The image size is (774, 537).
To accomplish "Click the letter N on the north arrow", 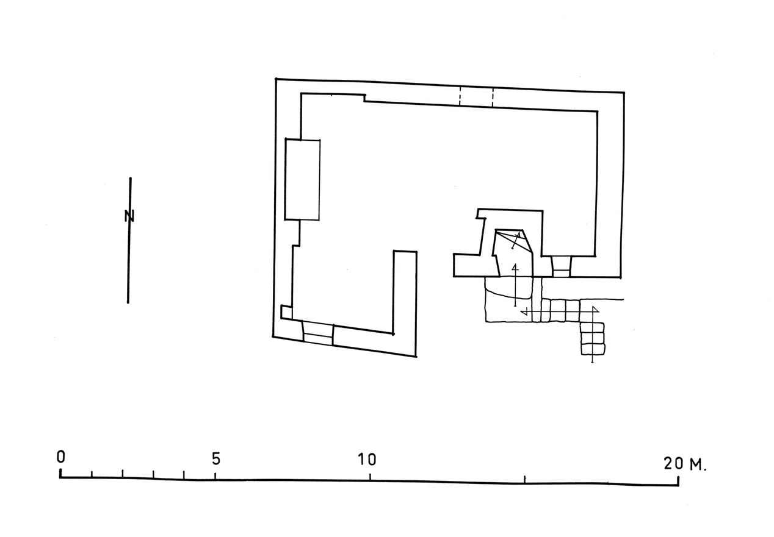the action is coord(129,216).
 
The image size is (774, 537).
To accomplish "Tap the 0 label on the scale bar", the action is coord(61,457).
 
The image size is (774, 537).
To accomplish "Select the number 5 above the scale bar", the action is coord(215,458).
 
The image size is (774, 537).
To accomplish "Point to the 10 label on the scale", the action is coord(367,460).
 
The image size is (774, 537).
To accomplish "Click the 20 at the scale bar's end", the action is coord(673,463).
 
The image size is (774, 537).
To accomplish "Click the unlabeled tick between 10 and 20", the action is coord(524,479).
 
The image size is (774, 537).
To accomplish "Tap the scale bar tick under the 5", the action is coord(215,475).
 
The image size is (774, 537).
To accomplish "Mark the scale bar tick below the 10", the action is coord(370,477).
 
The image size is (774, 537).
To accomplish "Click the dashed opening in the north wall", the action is coord(476,97).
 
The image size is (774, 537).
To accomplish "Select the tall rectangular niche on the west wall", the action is coord(302,179).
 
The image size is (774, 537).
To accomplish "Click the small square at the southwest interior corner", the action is coord(286,312).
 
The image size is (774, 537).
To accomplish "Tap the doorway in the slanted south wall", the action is coord(318,333).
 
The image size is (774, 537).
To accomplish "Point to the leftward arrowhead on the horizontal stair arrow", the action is coord(524,312).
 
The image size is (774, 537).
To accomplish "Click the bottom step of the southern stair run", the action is coord(593,349).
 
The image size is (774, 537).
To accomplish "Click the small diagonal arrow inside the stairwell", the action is coord(516,241).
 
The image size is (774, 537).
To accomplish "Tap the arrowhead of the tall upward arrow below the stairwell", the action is coord(515,267).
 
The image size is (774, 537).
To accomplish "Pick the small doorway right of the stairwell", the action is coord(562,266).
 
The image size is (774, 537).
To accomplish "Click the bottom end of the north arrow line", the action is coord(128,303).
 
